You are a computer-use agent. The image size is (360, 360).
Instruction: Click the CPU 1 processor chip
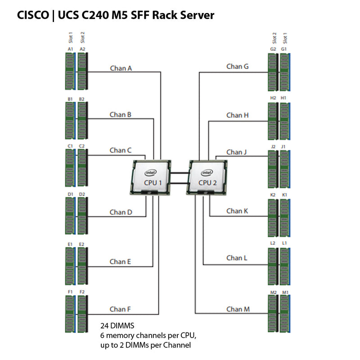tap(152, 178)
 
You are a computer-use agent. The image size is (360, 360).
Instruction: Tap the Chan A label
tap(121, 68)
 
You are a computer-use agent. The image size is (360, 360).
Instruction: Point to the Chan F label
tap(120, 309)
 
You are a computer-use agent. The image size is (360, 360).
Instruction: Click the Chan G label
tap(237, 66)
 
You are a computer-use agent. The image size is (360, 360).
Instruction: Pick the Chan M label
tap(237, 309)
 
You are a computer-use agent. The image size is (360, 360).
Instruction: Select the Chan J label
tap(237, 152)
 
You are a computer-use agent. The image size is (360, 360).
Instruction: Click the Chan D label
tap(121, 212)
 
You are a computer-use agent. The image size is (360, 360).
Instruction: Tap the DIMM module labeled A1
tap(70, 72)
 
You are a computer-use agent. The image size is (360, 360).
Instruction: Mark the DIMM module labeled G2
tap(273, 72)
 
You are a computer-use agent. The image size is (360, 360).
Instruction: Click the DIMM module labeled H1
tap(284, 121)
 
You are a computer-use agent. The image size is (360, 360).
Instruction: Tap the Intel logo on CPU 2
tap(207, 172)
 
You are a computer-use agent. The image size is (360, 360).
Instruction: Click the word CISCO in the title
tap(33, 15)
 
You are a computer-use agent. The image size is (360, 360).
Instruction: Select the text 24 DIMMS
tap(117, 325)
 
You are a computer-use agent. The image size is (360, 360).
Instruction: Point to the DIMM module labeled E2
tap(82, 265)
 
